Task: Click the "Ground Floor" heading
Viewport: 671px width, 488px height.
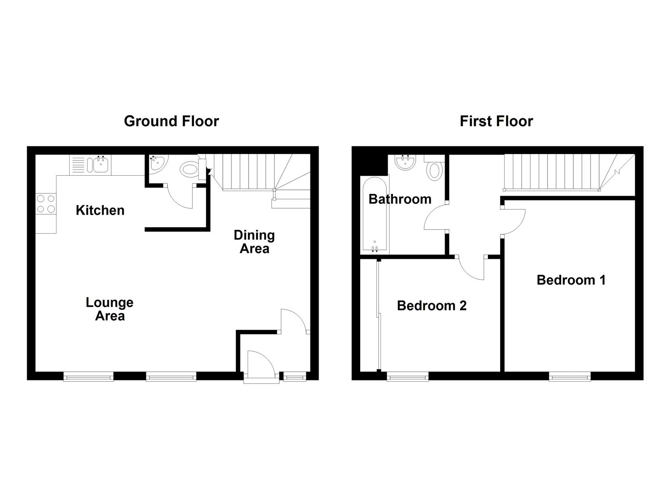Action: point(171,121)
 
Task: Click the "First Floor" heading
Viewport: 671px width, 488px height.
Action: point(496,121)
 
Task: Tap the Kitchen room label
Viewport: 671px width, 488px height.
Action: point(100,210)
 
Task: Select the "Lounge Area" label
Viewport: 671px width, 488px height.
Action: point(109,309)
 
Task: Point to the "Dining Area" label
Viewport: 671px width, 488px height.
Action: point(254,242)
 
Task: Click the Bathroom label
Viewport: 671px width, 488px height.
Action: point(400,199)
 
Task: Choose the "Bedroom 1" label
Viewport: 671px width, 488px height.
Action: point(571,280)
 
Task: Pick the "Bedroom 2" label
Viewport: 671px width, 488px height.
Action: point(432,306)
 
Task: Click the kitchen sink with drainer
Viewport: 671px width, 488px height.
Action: point(90,165)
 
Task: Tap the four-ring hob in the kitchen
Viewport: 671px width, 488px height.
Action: point(46,203)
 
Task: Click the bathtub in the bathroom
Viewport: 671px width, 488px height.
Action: point(374,215)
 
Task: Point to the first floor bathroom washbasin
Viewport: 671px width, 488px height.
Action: point(405,162)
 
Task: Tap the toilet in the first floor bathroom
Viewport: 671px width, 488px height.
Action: point(434,169)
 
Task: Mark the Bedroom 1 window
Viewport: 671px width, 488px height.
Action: point(569,376)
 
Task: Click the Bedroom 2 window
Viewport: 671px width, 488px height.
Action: point(408,376)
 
